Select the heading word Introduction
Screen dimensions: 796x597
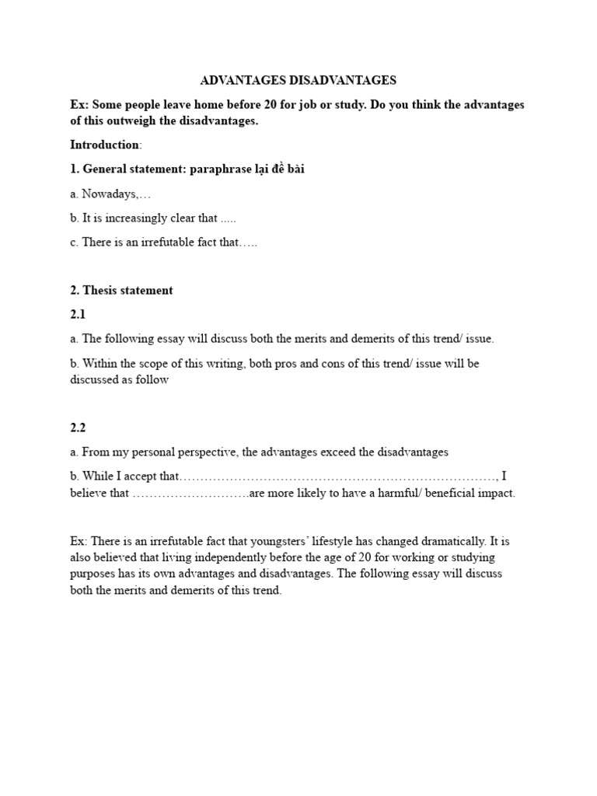tap(105, 145)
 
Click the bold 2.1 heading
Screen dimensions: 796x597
tap(79, 314)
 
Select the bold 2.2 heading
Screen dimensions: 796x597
tap(79, 427)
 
